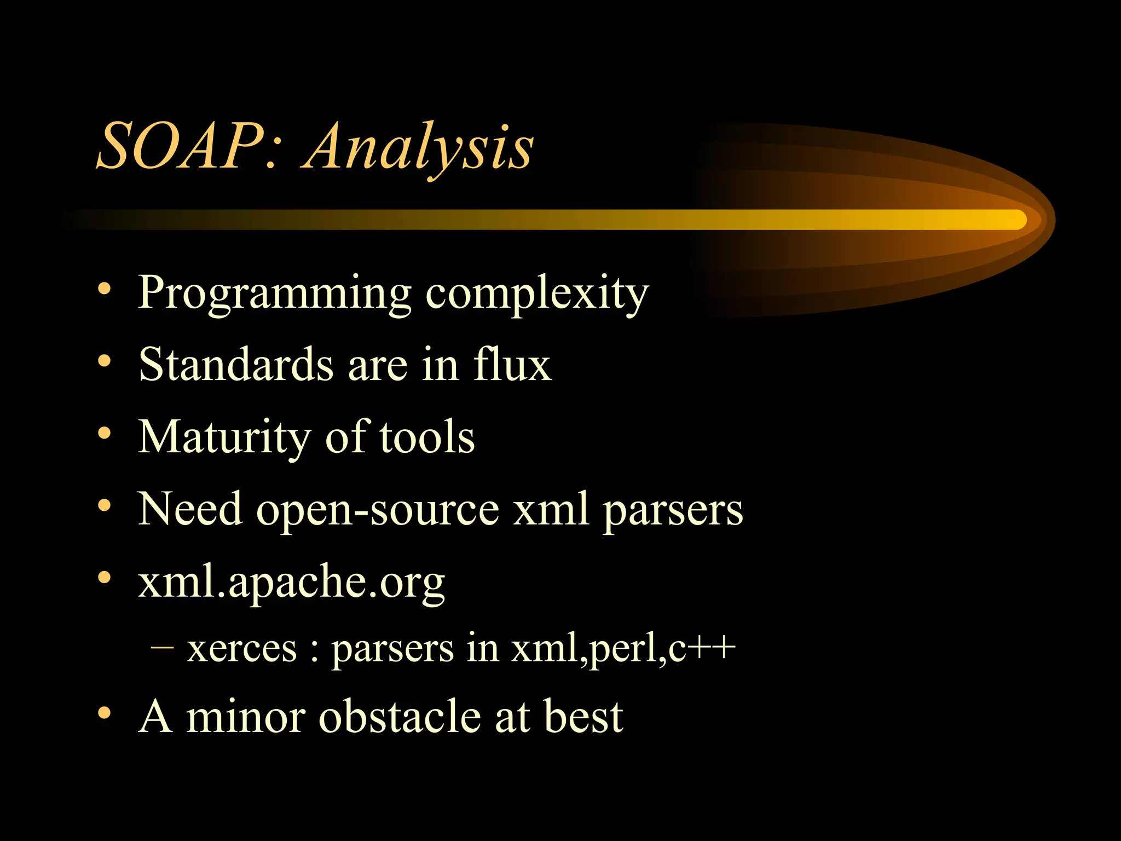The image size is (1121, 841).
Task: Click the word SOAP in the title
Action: click(x=181, y=147)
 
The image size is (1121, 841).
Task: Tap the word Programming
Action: click(x=274, y=295)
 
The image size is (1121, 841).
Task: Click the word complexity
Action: click(x=536, y=295)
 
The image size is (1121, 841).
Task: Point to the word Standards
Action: click(x=235, y=365)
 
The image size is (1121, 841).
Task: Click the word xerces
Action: click(x=241, y=648)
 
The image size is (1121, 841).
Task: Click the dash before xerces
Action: click(x=162, y=647)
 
